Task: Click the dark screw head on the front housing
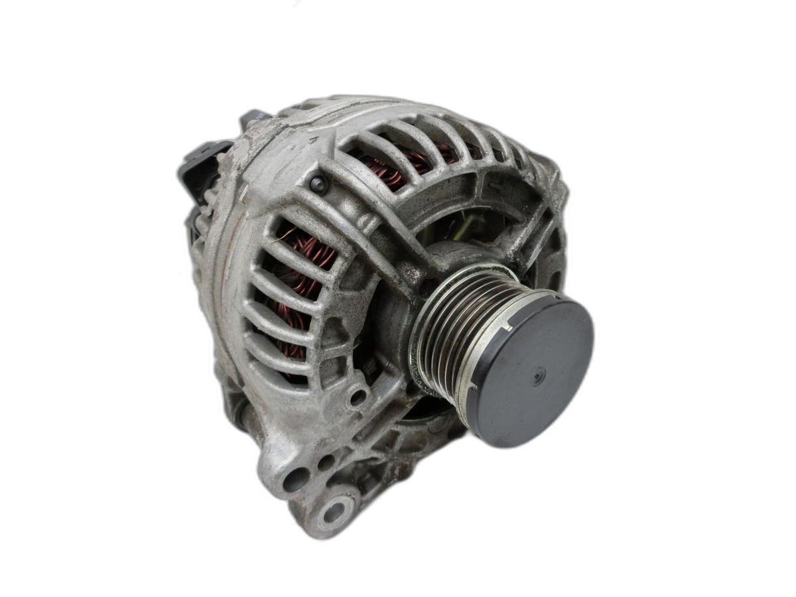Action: click(319, 184)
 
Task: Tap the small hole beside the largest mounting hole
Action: click(326, 462)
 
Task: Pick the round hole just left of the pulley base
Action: click(358, 397)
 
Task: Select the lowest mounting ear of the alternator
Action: click(328, 511)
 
